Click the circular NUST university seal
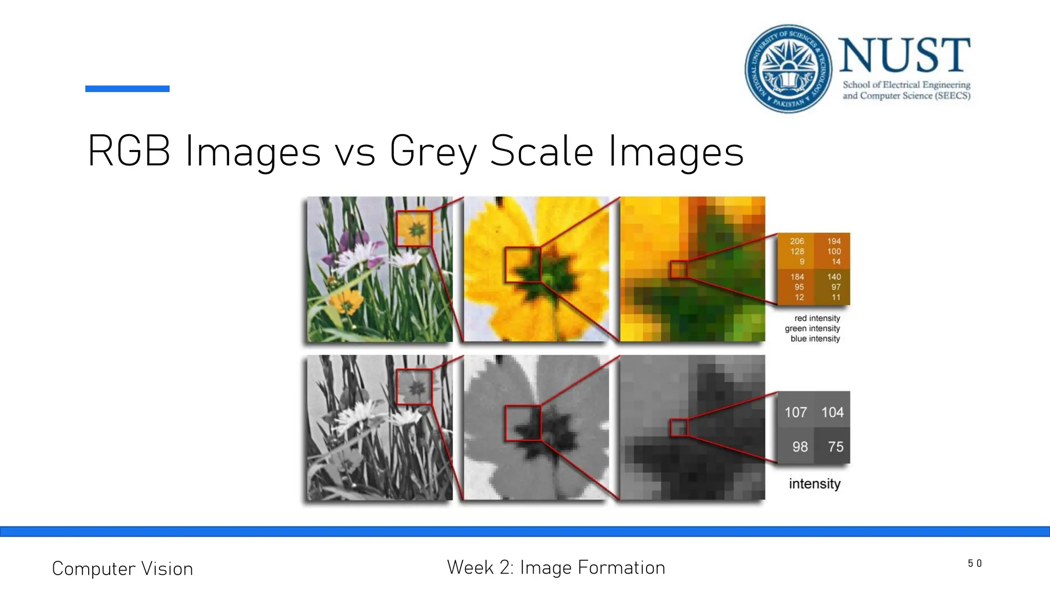[x=788, y=69]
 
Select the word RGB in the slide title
[x=129, y=151]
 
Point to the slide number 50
[x=975, y=563]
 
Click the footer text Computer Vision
[x=123, y=568]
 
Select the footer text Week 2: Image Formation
[x=556, y=567]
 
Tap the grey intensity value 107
[x=796, y=412]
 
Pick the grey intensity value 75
[x=836, y=447]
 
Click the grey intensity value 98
[x=800, y=447]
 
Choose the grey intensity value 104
[x=832, y=412]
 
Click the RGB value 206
[x=797, y=241]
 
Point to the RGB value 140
[x=834, y=277]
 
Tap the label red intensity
[x=817, y=318]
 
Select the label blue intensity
[x=815, y=339]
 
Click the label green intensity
[x=812, y=328]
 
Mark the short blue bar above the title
[x=127, y=89]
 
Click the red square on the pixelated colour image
[x=679, y=269]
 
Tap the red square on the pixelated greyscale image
[x=679, y=428]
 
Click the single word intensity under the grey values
[x=814, y=483]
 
